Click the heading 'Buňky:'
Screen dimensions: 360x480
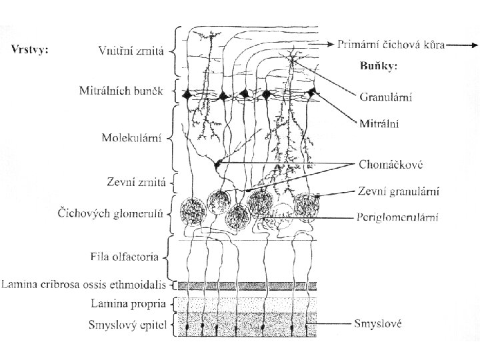378,67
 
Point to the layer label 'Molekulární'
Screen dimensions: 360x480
133,139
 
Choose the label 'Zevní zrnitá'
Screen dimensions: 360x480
135,181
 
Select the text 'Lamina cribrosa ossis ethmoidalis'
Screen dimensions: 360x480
83,285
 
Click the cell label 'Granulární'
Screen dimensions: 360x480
385,97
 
